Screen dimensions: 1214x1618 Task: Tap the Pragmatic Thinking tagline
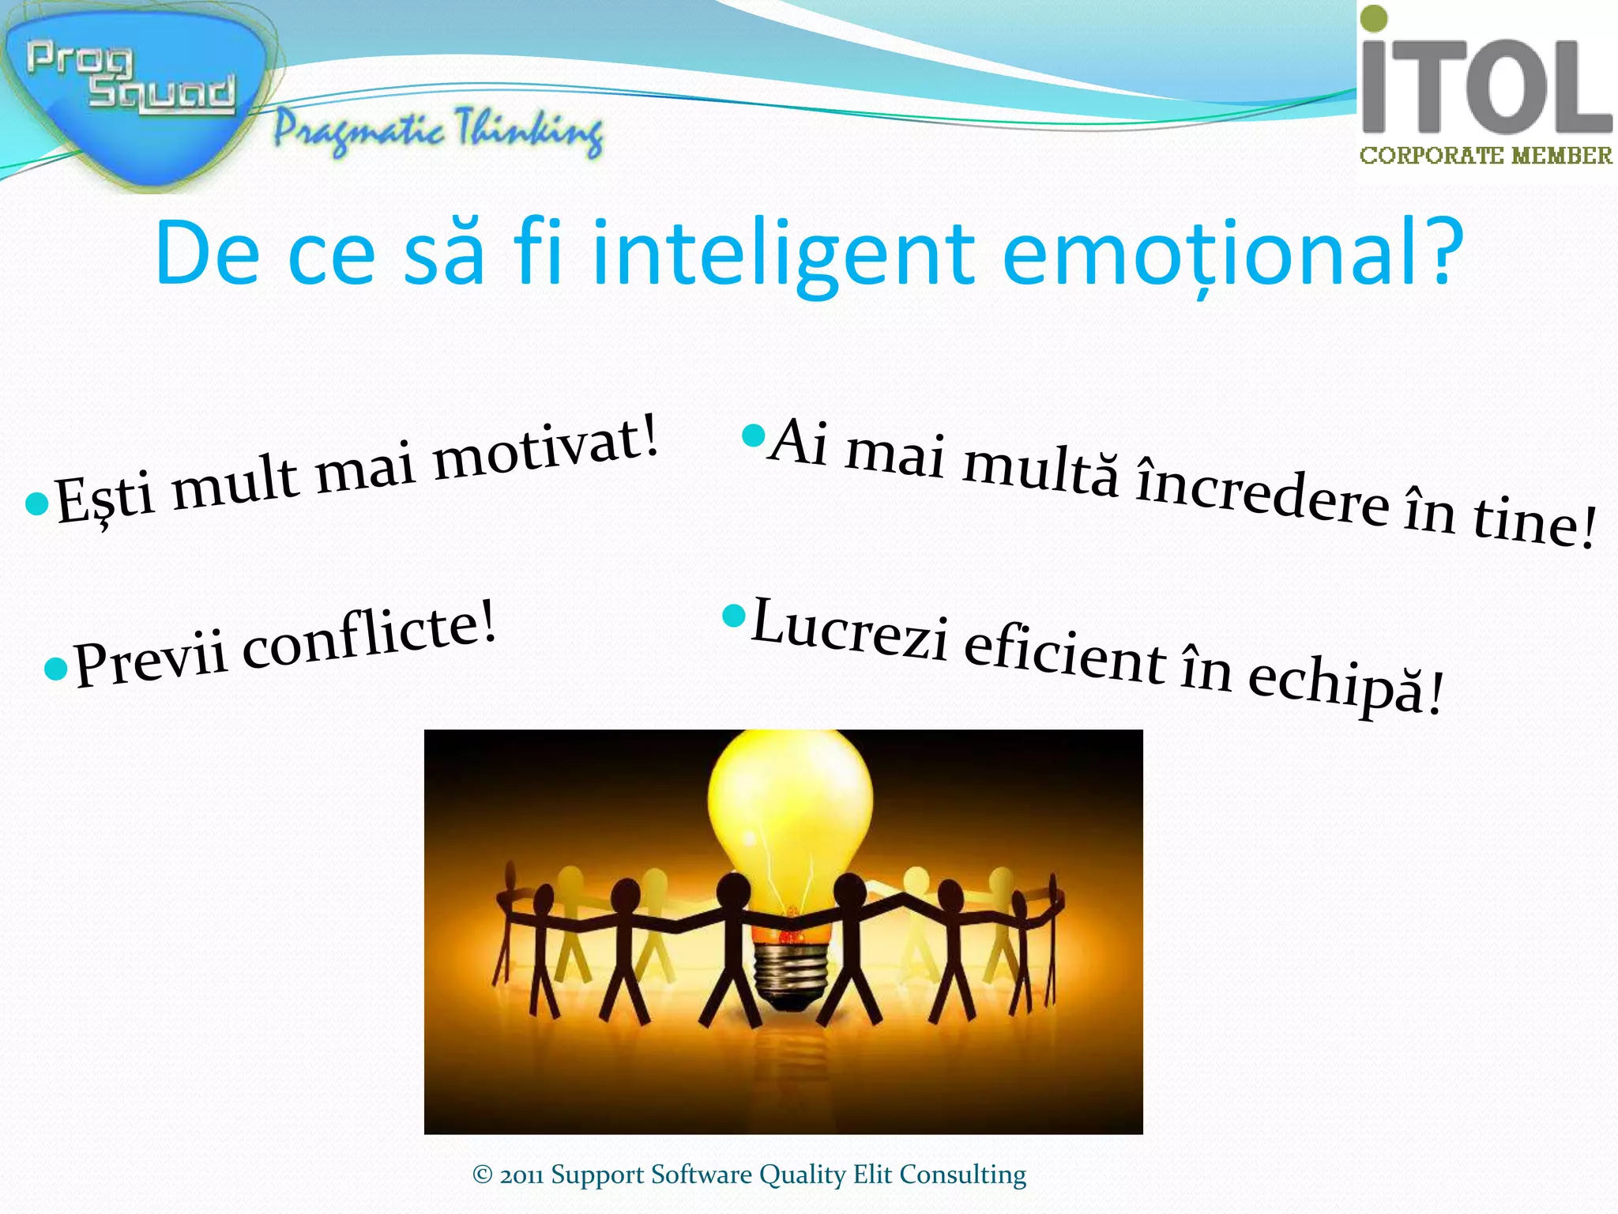438,130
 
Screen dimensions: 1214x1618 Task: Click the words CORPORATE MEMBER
1485,156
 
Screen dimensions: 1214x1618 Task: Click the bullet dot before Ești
36,503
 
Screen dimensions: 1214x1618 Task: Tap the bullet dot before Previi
56,669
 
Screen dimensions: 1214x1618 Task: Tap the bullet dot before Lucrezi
734,614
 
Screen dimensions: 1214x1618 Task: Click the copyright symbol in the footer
482,1174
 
